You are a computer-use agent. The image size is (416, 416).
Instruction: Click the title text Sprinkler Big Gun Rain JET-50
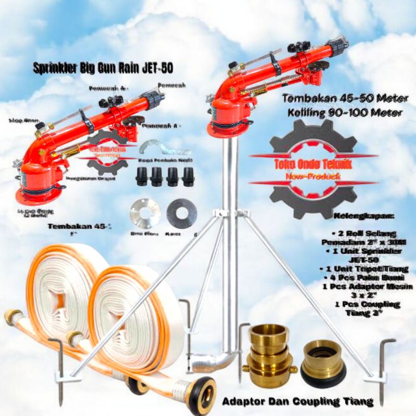(102, 69)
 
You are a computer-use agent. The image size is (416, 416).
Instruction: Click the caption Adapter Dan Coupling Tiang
(298, 401)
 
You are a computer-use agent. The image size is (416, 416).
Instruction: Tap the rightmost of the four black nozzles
(188, 177)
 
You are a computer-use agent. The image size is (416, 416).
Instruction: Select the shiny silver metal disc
(145, 213)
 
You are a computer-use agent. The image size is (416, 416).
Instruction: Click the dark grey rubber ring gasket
(181, 213)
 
